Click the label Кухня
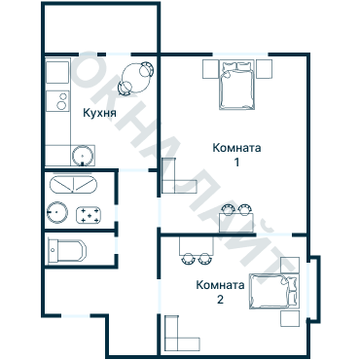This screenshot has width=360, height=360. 100,113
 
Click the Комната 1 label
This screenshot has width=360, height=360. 236,155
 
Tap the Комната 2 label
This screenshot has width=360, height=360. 220,292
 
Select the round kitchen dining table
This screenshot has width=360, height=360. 136,76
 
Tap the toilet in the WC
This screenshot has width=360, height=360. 64,249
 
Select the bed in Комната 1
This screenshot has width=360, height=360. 237,87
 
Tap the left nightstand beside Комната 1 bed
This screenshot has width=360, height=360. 211,69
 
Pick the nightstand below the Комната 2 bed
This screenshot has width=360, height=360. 290,318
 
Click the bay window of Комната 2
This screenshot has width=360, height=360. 312,288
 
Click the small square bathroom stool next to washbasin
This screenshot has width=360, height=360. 91,214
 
